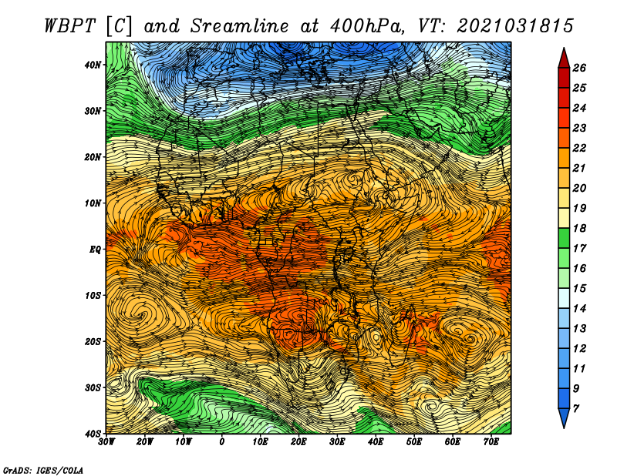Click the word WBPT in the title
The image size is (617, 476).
coord(69,25)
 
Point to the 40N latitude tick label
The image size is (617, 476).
coord(93,65)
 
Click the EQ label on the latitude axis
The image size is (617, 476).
coord(96,249)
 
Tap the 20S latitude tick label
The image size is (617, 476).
coord(93,341)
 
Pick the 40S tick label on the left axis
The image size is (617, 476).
coord(93,433)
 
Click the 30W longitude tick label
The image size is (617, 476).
coord(107,442)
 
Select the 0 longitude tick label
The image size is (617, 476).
coord(222,442)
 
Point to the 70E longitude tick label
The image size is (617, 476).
coord(491,442)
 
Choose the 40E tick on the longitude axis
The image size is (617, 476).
coord(376,442)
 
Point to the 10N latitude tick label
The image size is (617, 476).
coord(93,203)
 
